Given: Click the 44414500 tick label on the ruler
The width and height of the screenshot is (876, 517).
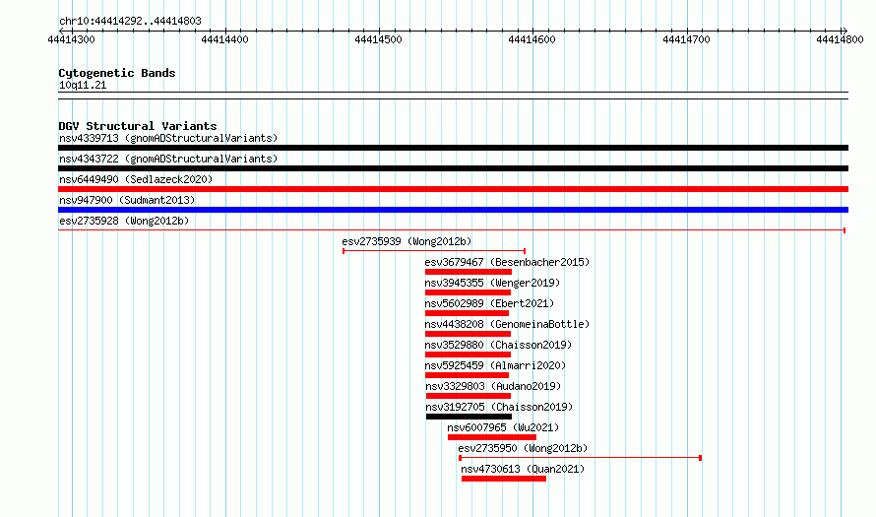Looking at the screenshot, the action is [378, 39].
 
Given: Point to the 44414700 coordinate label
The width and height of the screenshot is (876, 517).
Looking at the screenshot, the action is [686, 39].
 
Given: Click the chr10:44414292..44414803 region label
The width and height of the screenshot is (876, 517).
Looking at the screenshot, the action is [130, 22].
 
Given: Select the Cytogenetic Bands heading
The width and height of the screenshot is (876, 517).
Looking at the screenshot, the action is [117, 73].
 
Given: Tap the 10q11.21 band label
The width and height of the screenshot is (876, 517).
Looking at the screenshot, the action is [83, 85].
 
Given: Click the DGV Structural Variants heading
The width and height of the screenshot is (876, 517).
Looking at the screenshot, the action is [138, 126].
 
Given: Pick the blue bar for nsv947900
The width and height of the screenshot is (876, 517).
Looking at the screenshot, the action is [453, 210].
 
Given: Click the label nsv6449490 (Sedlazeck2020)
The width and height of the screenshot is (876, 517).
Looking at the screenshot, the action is [136, 179].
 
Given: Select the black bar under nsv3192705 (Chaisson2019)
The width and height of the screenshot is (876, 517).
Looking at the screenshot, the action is [469, 417].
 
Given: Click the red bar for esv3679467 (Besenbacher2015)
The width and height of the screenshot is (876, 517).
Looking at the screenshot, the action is [469, 272].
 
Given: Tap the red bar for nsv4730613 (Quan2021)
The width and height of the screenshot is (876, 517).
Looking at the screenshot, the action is [504, 479].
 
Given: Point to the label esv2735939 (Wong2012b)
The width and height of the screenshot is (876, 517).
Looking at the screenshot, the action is [407, 241].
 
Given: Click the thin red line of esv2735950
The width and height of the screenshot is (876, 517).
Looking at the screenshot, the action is [580, 458].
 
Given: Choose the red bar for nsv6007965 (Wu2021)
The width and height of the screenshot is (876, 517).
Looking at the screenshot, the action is [491, 437].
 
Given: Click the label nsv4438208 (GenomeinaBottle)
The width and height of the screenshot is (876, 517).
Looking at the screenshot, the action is [507, 324].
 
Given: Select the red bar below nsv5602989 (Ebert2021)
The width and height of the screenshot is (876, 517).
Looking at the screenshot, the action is [468, 313].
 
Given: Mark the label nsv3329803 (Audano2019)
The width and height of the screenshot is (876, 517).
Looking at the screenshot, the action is [493, 386].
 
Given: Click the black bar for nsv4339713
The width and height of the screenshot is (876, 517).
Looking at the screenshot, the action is [453, 148].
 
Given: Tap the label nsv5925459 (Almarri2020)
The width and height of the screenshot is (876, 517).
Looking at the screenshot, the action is [495, 365].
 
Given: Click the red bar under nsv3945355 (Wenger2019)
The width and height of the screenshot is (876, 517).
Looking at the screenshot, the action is [468, 292].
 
